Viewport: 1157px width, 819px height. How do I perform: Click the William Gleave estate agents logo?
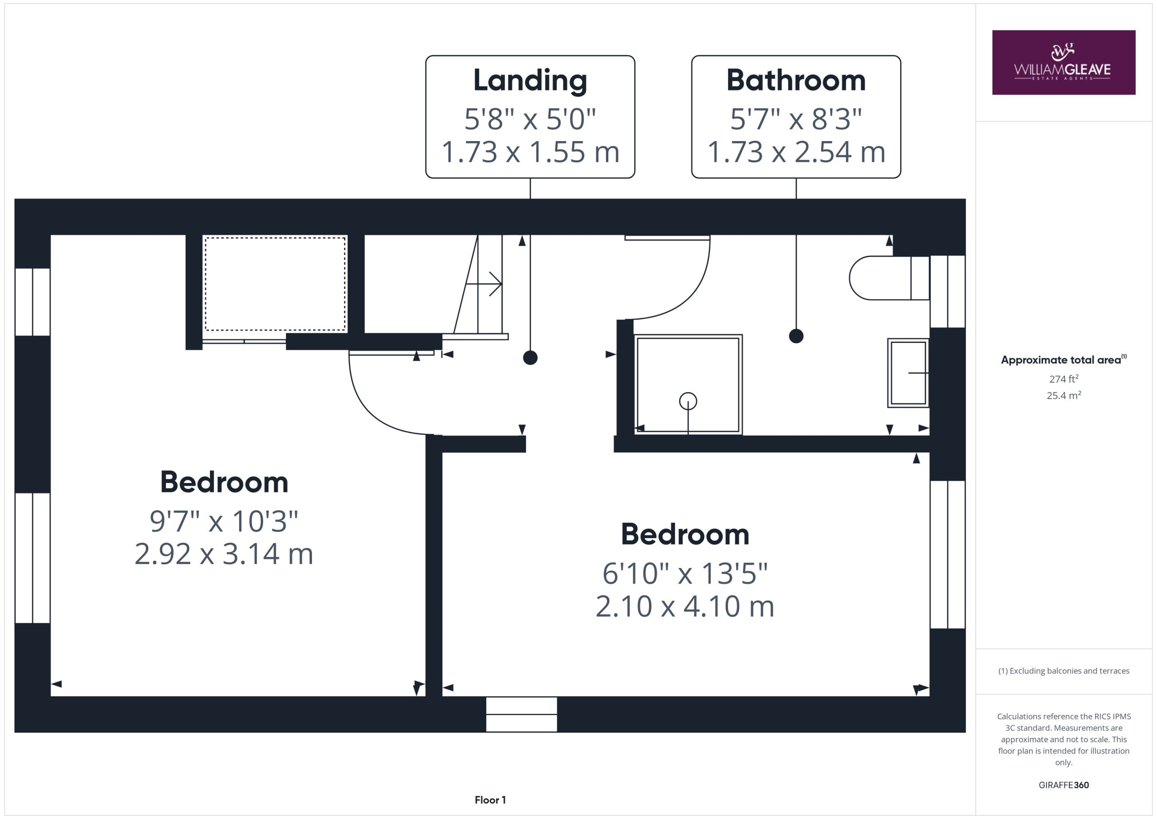(x=1063, y=62)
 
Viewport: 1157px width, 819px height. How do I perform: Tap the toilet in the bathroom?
(x=889, y=278)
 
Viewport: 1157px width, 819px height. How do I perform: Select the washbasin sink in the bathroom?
(x=908, y=373)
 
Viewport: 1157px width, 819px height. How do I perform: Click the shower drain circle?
(x=688, y=402)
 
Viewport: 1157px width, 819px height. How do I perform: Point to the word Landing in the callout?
(x=530, y=80)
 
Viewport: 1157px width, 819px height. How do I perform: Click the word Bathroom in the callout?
(x=796, y=80)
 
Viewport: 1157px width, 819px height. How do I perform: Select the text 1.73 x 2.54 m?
(x=796, y=152)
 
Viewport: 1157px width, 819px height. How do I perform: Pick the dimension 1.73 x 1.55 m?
(x=530, y=152)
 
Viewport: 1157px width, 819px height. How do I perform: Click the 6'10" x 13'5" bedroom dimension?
(x=685, y=573)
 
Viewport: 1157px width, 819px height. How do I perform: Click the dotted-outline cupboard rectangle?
(x=275, y=284)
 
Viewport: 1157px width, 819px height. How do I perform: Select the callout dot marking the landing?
(x=530, y=358)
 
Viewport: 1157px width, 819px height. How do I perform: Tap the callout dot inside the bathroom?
(x=796, y=336)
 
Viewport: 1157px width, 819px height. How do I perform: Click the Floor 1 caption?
(x=490, y=800)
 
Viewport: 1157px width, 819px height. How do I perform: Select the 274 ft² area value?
(x=1064, y=379)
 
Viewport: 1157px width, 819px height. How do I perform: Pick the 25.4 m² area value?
(x=1064, y=395)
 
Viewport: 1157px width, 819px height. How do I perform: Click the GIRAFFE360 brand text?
(x=1064, y=785)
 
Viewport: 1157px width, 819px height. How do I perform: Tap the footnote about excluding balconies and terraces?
(x=1064, y=671)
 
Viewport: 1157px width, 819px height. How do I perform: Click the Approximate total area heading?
(x=1064, y=360)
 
